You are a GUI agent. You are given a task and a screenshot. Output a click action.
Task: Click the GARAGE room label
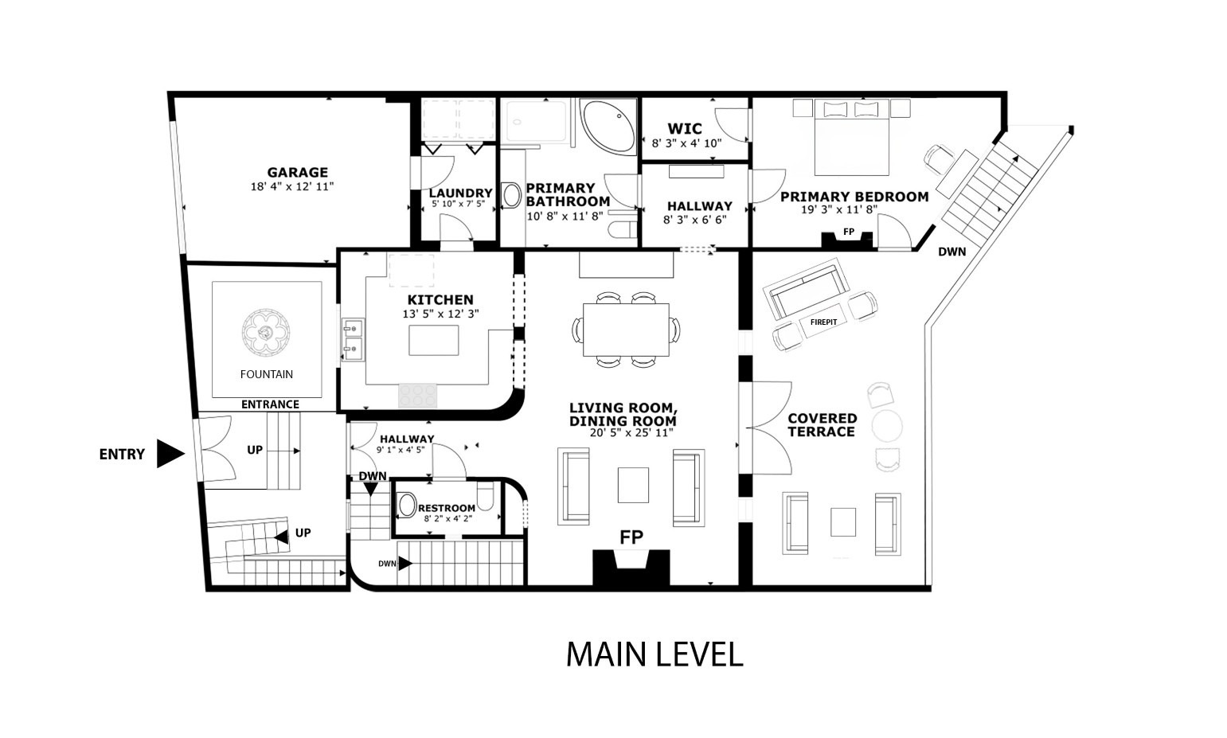[298, 172]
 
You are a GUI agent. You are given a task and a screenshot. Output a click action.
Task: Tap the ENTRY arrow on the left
[170, 454]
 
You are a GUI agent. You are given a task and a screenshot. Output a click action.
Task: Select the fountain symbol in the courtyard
[266, 332]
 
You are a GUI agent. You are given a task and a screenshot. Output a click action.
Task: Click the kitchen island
[434, 340]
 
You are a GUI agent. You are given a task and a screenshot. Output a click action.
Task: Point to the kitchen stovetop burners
[418, 395]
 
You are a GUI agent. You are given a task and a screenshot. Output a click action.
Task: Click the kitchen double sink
[353, 340]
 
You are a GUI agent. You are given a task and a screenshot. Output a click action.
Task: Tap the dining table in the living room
[626, 330]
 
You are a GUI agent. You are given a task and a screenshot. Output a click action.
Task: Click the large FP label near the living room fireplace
[631, 537]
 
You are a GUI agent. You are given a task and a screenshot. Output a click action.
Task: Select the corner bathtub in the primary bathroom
[608, 126]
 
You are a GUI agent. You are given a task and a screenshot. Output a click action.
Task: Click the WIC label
[685, 129]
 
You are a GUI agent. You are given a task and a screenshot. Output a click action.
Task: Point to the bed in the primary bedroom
[852, 137]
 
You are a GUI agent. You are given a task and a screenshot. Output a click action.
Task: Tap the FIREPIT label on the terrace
[824, 322]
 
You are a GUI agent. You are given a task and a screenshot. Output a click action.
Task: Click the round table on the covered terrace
[887, 426]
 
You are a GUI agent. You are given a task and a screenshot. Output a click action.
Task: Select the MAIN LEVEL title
[655, 654]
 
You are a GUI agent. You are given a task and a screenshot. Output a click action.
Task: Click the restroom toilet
[486, 496]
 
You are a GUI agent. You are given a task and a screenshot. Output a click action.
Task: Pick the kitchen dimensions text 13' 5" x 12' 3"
[440, 314]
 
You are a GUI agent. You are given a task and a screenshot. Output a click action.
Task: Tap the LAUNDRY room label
[461, 193]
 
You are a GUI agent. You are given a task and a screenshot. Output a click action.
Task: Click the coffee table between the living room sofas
[633, 485]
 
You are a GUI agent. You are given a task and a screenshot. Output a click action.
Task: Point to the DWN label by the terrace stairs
[952, 252]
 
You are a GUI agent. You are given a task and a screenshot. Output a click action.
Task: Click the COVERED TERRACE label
[823, 425]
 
